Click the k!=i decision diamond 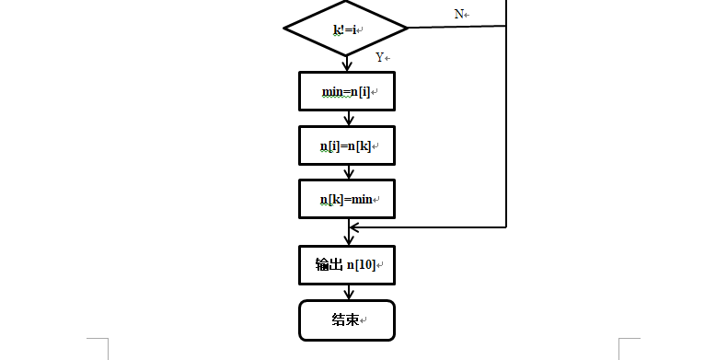coord(346,29)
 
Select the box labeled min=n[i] coord(347,92)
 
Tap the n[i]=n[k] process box coord(347,145)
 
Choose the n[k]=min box coord(347,199)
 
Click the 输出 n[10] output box coord(347,265)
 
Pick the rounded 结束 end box coord(347,320)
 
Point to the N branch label coord(459,15)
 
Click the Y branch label coord(379,57)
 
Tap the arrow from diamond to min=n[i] coord(347,64)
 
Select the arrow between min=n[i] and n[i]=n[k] coord(347,119)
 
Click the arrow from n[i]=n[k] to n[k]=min coord(347,172)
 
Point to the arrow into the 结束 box coord(347,293)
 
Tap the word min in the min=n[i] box coord(332,92)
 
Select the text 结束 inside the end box coord(344,320)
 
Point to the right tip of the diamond coord(407,29)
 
